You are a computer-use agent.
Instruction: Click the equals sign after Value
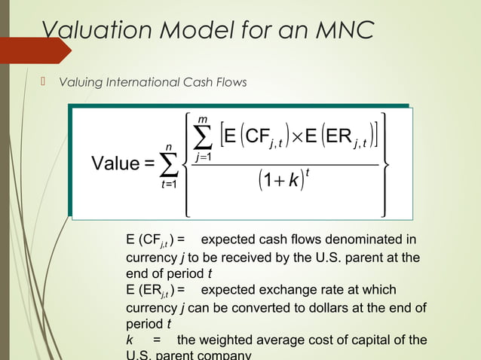pyautogui.click(x=149, y=164)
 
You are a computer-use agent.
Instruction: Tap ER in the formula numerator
pyautogui.click(x=337, y=139)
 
